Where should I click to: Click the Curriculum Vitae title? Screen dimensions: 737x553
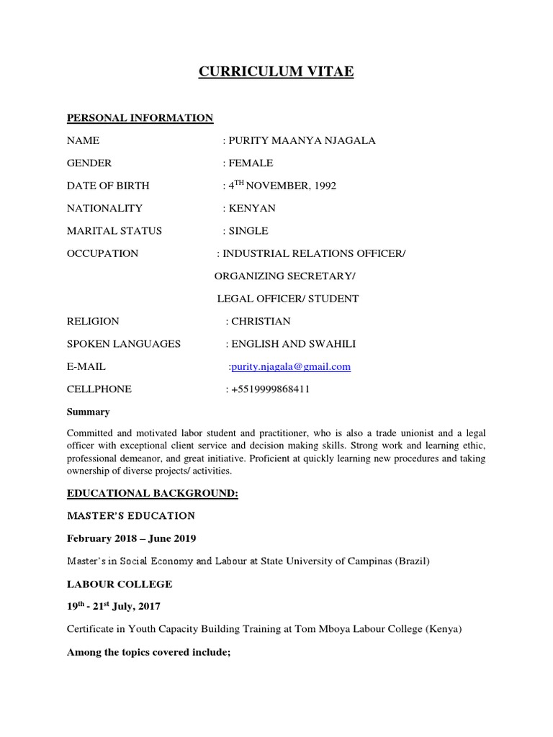click(276, 72)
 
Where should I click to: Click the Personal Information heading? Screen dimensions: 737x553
click(140, 118)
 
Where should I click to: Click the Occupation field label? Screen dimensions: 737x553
click(102, 253)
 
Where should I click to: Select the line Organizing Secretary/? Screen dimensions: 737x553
click(285, 276)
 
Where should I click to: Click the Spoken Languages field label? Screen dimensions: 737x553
click(124, 343)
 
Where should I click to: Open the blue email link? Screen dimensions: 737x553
click(291, 366)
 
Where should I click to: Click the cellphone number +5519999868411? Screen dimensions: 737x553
click(271, 389)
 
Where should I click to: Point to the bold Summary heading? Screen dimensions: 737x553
click(88, 412)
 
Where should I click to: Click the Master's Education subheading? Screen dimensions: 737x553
click(131, 515)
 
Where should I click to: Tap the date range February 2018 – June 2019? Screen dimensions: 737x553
click(132, 538)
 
